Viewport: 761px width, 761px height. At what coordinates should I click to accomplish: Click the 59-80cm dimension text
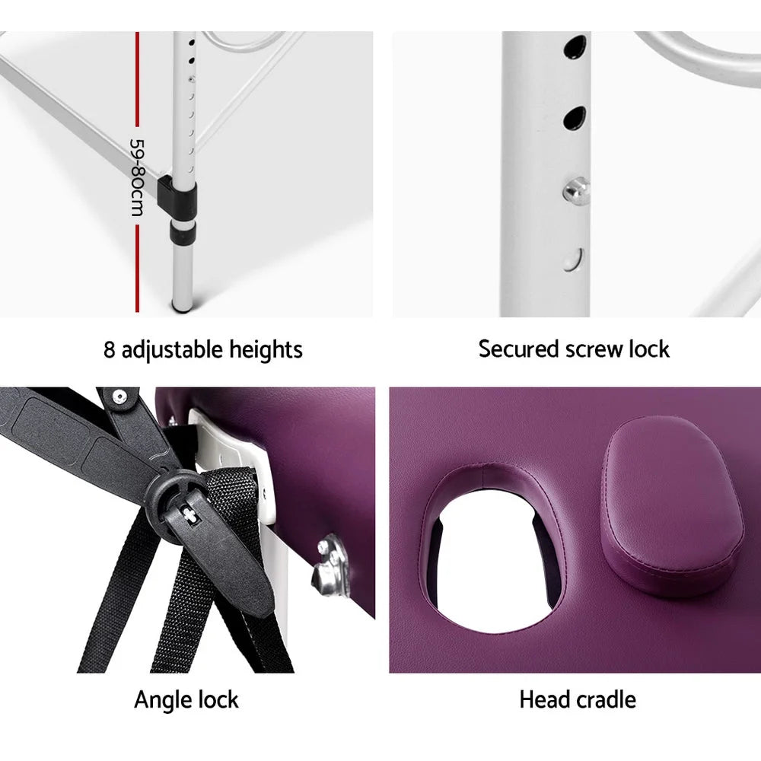pos(136,177)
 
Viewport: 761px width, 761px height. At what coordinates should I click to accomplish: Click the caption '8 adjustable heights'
pos(203,350)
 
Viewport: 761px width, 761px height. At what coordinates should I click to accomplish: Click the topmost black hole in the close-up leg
pos(572,49)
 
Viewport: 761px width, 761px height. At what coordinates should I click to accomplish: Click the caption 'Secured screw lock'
pos(574,349)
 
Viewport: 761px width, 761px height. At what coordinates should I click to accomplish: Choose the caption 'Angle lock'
pos(186,699)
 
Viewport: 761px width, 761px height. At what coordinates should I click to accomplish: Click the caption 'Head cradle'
pos(578,699)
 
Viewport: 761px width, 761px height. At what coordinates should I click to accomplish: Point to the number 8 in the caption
pos(110,350)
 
